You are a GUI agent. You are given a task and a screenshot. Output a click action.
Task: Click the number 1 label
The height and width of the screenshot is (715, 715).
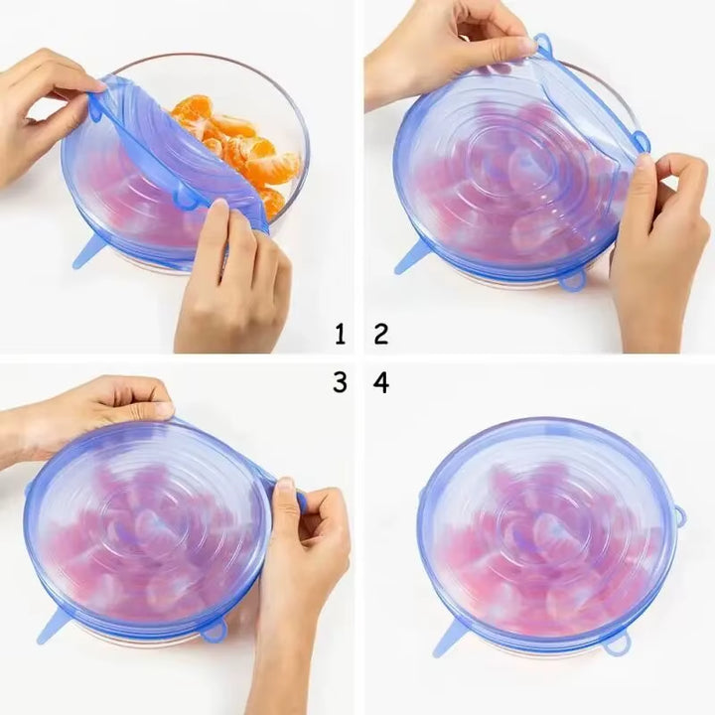point(341,334)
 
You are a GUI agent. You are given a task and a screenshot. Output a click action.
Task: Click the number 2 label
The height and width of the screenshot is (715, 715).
point(380,334)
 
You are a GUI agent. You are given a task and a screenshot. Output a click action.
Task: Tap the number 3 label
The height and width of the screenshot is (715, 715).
point(341,381)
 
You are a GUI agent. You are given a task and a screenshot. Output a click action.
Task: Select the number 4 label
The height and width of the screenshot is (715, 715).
point(380,381)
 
